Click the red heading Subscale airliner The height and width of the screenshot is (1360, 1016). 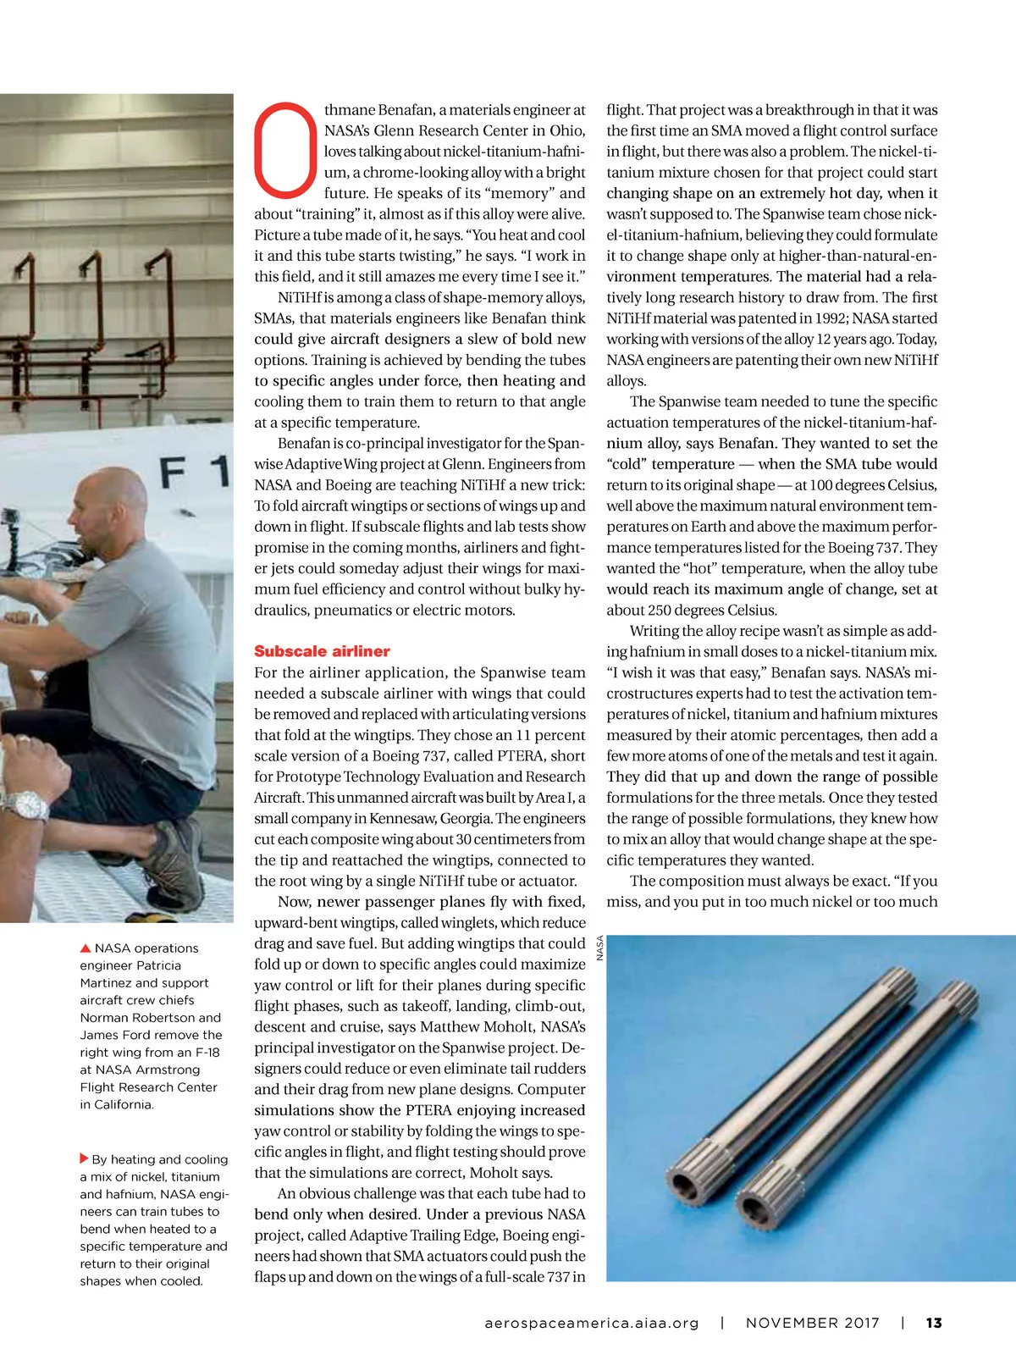322,651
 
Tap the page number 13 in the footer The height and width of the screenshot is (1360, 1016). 933,1323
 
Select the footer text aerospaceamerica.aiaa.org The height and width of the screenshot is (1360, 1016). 591,1323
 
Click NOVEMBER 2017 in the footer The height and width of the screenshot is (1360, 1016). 812,1323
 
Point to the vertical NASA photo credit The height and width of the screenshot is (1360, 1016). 599,947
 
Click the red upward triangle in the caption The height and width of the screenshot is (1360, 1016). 86,948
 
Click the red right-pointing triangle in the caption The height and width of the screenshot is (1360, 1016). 84,1158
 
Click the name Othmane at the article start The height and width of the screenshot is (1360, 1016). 349,110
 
